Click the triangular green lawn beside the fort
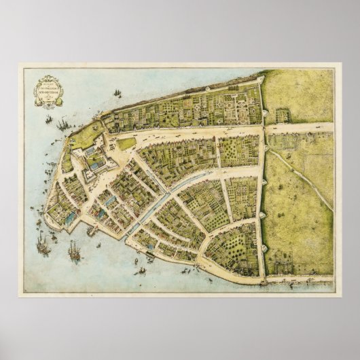[x=126, y=143]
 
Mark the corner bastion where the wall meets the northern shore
[x=259, y=81]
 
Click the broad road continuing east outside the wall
[x=299, y=127]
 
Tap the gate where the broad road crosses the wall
[x=262, y=127]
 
